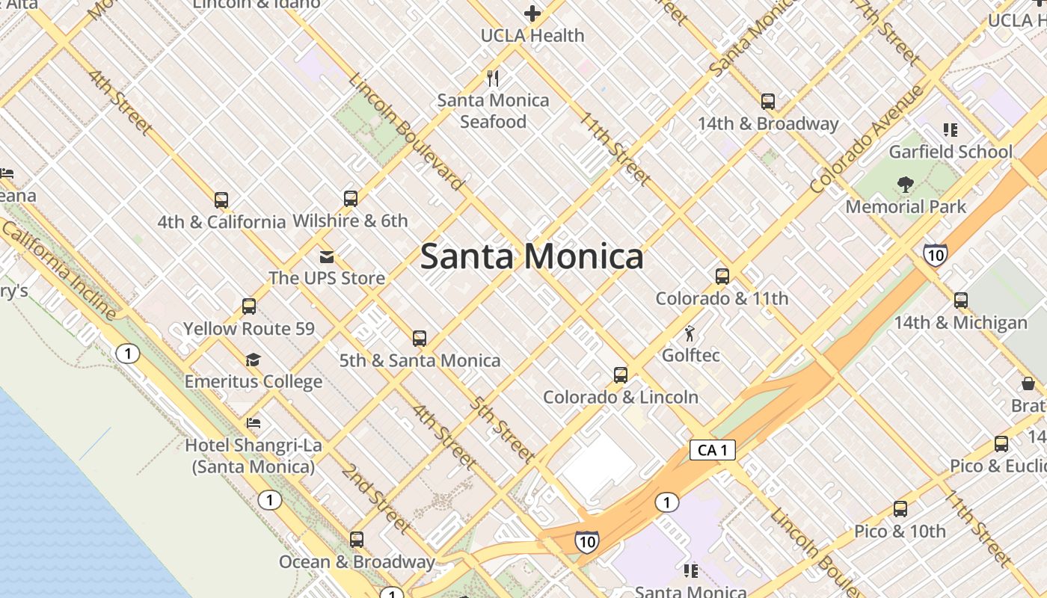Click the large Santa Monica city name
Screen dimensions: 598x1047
(x=531, y=256)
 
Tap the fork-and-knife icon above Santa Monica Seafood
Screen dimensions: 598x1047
(x=493, y=78)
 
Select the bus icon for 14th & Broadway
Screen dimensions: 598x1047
(x=767, y=102)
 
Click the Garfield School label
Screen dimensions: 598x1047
(x=950, y=152)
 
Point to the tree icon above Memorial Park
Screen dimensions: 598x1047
(x=906, y=184)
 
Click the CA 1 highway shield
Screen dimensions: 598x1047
(x=712, y=450)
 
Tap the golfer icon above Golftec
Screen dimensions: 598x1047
(x=690, y=333)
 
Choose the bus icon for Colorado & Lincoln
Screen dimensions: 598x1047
(x=620, y=375)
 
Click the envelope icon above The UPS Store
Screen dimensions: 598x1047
(x=327, y=257)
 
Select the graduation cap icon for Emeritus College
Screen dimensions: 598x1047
(x=253, y=360)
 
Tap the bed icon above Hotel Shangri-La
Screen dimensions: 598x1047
(x=254, y=423)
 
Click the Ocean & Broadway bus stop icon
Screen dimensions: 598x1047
(x=357, y=540)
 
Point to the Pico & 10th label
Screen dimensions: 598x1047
(x=900, y=531)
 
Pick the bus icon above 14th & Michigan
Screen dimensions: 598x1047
(x=961, y=300)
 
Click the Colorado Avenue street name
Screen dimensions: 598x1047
(x=867, y=140)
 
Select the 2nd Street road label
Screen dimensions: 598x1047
(x=375, y=499)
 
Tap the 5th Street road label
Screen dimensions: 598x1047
(x=502, y=429)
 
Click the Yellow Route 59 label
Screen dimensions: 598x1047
(x=249, y=329)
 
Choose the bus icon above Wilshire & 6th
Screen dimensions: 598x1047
(x=350, y=199)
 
